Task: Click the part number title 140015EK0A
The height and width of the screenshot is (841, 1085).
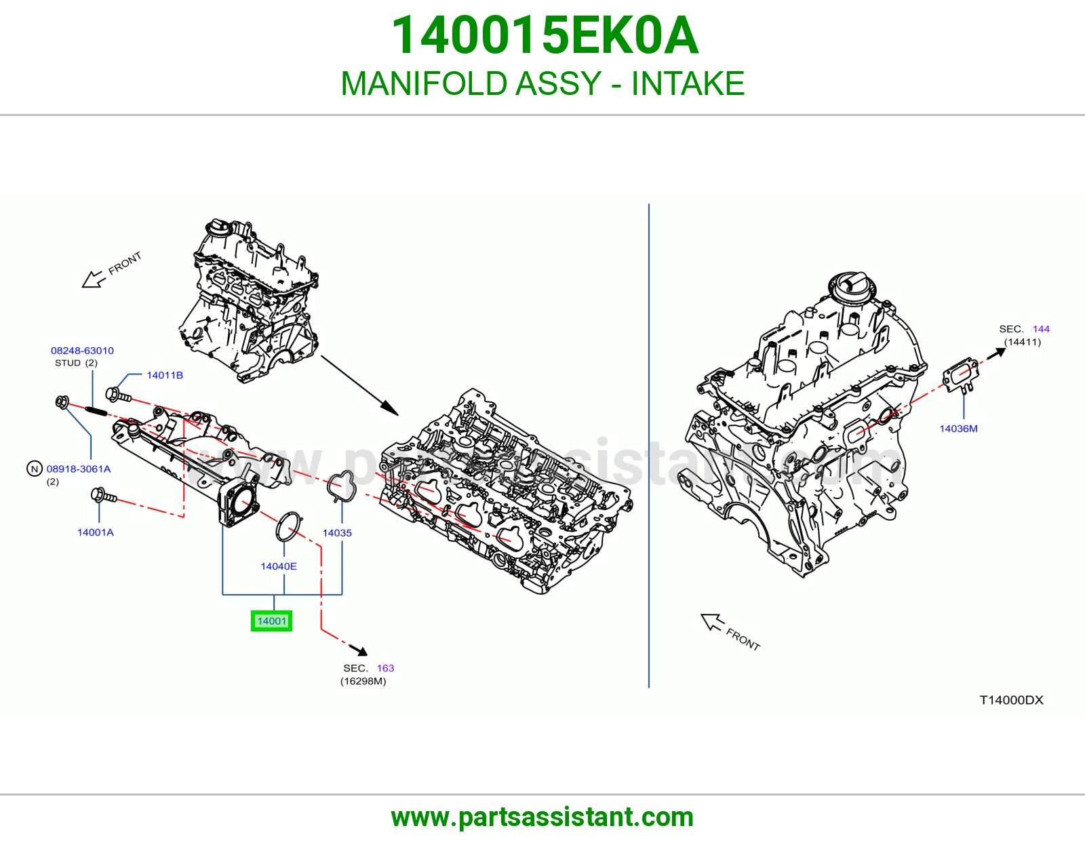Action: [545, 35]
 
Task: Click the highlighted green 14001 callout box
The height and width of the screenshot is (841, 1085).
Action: [271, 621]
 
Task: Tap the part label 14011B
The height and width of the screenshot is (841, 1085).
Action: [165, 375]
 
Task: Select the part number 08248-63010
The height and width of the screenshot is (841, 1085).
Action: [82, 351]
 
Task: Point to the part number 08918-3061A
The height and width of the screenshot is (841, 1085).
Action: [79, 469]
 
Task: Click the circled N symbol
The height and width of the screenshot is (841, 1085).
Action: [35, 469]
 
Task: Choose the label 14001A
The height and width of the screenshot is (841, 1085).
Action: [96, 532]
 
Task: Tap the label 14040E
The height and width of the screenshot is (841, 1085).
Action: [279, 566]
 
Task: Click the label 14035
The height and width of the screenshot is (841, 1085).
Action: [337, 533]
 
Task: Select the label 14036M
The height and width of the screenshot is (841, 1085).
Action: [959, 429]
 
